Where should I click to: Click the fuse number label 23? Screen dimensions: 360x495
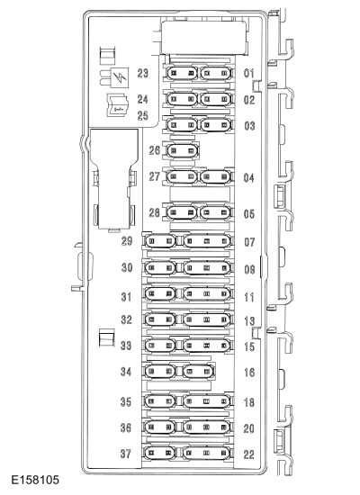coord(143,73)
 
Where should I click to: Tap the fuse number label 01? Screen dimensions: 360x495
coord(248,73)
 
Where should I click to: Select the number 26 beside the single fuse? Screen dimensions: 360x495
coord(155,150)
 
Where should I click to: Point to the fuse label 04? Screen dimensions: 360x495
coord(248,177)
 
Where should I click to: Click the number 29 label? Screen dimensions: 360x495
coord(127,241)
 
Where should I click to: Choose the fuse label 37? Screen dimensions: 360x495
coord(125,454)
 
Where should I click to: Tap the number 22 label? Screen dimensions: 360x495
coord(248,454)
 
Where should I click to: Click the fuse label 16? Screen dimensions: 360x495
coord(249,373)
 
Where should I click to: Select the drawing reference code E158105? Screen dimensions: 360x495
coord(35,481)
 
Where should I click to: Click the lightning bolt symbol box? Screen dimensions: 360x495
coord(121,77)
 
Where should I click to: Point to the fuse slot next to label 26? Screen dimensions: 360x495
coord(183,150)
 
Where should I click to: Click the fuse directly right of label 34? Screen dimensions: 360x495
coord(160,371)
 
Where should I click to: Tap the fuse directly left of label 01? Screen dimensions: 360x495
coord(216,73)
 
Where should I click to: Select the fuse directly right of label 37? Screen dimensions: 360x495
coord(160,454)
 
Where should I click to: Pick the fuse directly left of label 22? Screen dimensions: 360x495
coord(207,454)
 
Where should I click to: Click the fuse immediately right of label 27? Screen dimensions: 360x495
coord(182,176)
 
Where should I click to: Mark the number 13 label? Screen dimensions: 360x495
coord(249,321)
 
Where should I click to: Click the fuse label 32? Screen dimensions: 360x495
coord(126,319)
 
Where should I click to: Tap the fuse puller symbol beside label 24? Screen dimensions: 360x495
coord(118,105)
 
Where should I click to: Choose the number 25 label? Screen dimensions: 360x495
coord(143,115)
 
